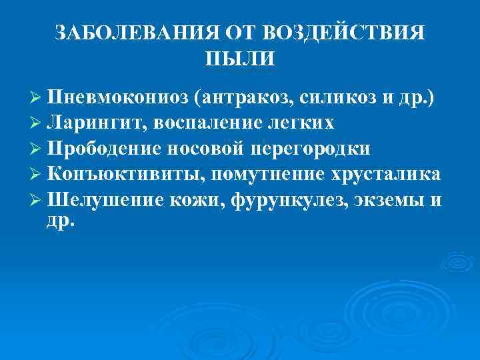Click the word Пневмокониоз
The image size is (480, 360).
116,97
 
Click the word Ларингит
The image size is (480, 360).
93,123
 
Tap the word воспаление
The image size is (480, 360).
198,123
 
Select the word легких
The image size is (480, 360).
298,123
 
